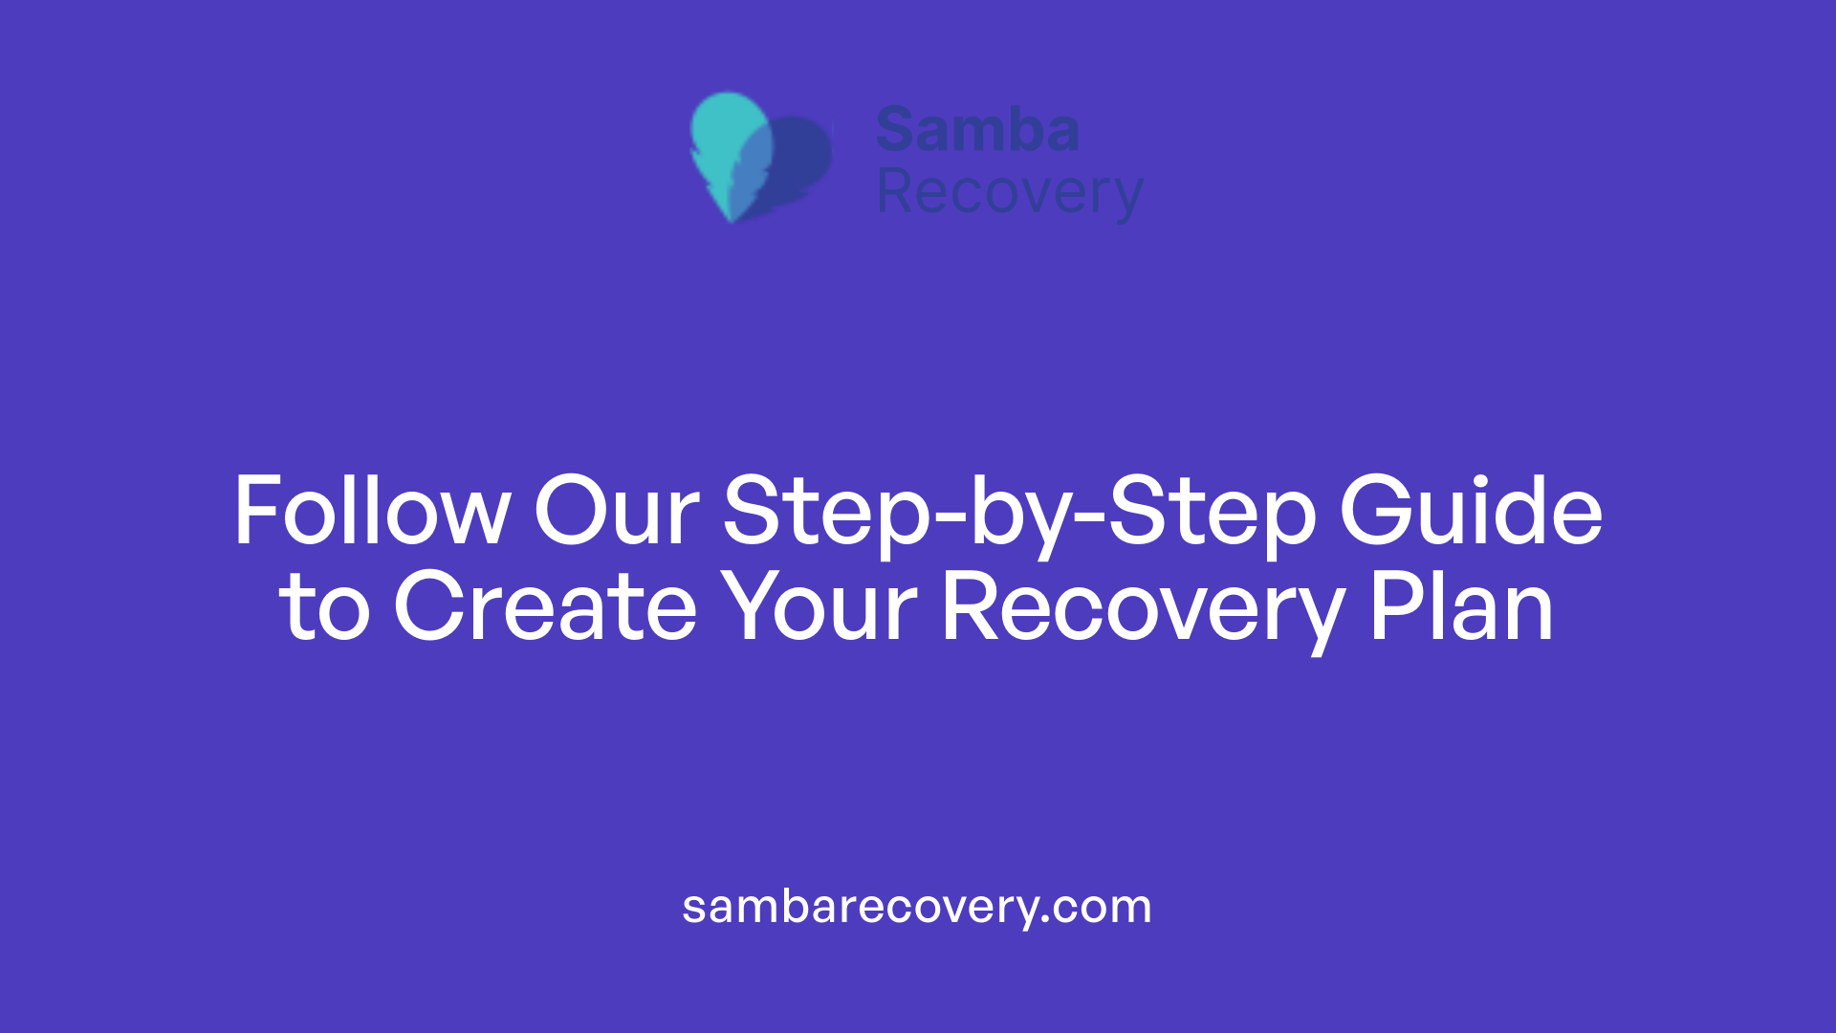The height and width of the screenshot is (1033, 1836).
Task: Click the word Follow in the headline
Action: coord(372,512)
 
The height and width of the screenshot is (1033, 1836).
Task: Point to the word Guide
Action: coord(1471,512)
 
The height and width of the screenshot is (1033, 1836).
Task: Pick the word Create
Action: coord(545,607)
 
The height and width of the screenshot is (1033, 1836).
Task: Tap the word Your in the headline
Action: coord(819,607)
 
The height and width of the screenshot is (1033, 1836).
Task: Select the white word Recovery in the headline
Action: coord(1144,612)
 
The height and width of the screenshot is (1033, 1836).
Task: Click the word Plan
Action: coord(1461,607)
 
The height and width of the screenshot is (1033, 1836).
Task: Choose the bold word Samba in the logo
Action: coord(977,130)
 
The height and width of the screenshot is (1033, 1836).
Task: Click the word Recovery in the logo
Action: coord(1010,194)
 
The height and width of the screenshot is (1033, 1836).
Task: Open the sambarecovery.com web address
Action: coord(916,907)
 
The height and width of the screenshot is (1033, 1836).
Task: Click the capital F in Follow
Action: coord(255,512)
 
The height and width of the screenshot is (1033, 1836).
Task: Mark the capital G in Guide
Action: coord(1375,512)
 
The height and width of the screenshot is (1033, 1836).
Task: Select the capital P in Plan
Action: coord(1392,607)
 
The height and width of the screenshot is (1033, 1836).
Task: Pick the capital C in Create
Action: coord(425,607)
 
